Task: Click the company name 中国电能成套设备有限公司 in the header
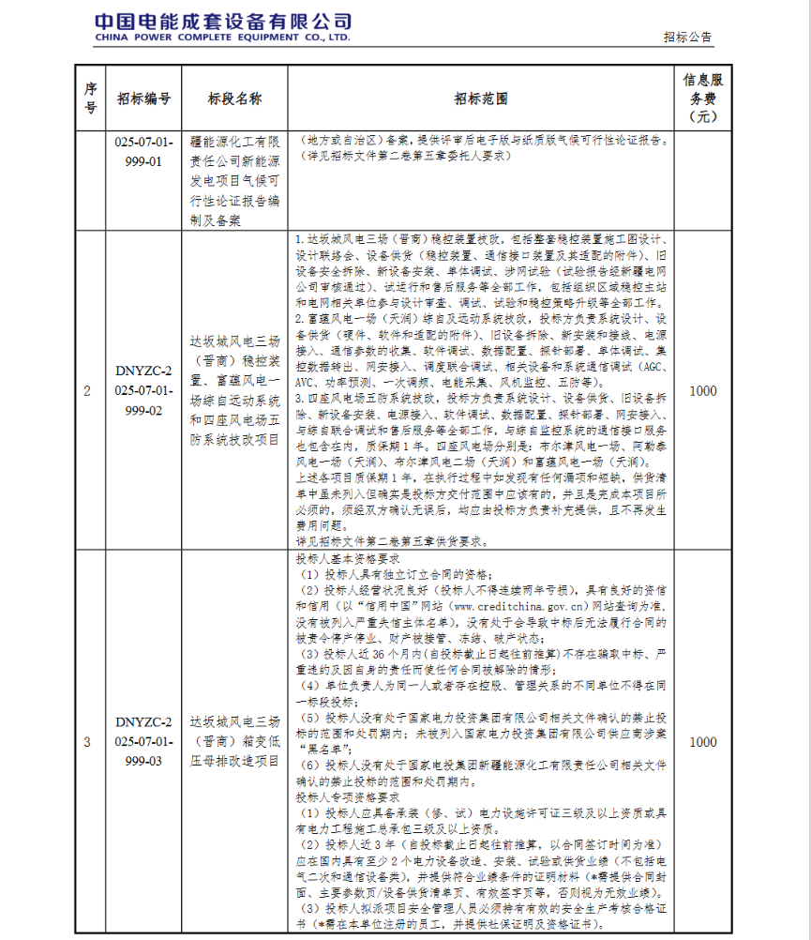tap(223, 20)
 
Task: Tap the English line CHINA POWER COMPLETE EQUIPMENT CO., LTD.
tap(223, 38)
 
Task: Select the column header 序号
tap(90, 98)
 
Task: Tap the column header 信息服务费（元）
tap(702, 98)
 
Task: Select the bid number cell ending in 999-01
tap(144, 151)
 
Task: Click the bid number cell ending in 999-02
tap(144, 392)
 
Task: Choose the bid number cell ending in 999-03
tap(144, 741)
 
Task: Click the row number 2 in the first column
tap(88, 392)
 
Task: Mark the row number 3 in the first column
tap(88, 742)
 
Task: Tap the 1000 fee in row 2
tap(702, 391)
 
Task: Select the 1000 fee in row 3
tap(702, 742)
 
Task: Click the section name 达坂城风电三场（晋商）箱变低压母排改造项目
tap(234, 741)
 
